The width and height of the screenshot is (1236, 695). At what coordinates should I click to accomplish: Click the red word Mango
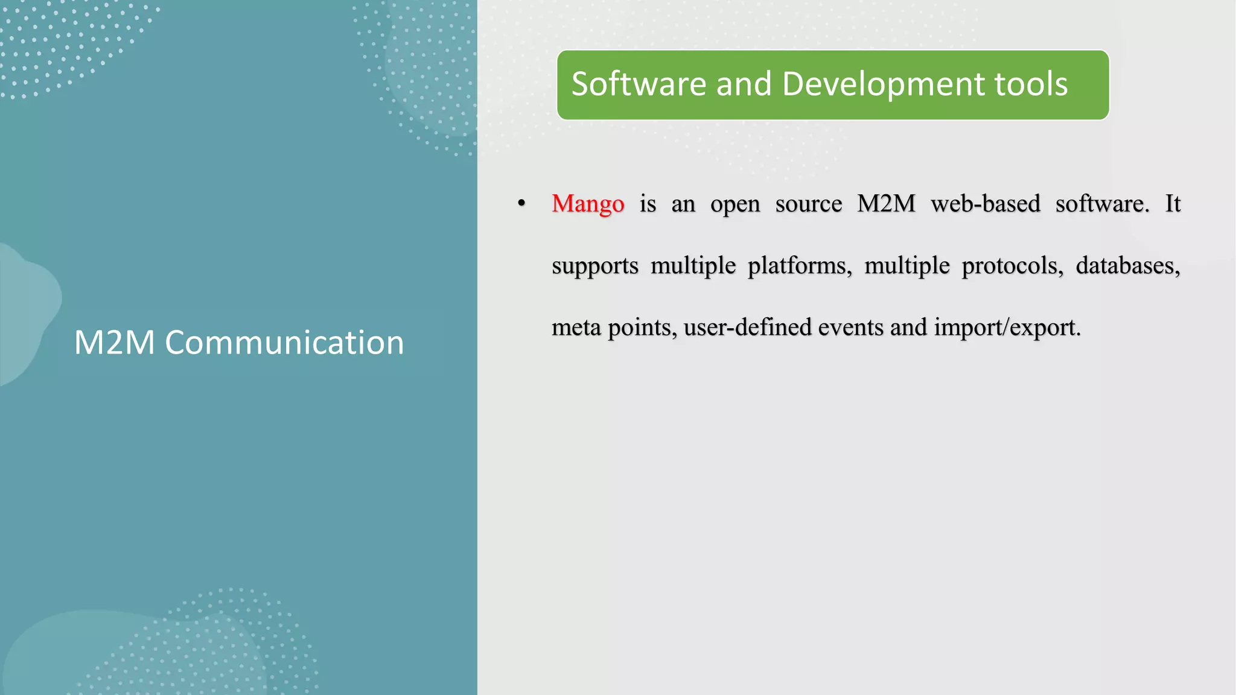coord(587,204)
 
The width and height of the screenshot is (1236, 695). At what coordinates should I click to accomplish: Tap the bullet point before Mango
coord(521,204)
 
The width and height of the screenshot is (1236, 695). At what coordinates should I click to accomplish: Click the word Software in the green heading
coord(638,84)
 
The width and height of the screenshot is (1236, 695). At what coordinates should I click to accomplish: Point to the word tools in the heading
coord(1031,84)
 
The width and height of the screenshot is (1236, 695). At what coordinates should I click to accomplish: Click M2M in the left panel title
coord(115,343)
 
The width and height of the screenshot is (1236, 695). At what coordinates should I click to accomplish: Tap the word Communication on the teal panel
coord(284,343)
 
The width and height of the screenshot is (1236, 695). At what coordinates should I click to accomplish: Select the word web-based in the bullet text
coord(985,204)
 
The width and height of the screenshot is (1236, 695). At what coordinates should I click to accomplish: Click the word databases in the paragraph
coord(1127,265)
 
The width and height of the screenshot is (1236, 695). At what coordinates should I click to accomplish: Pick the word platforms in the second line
coord(799,266)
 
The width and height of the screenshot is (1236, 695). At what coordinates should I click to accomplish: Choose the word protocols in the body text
coord(1012,266)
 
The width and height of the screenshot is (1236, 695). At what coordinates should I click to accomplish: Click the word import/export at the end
coord(1007,328)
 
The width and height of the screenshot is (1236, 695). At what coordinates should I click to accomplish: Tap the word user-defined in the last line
coord(747,327)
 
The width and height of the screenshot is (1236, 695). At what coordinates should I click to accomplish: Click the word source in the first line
coord(808,205)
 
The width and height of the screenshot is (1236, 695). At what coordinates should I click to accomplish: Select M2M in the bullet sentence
coord(886,204)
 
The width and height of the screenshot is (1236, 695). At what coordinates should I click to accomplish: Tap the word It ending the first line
coord(1172,204)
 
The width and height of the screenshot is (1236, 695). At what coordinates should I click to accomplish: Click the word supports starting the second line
coord(594,266)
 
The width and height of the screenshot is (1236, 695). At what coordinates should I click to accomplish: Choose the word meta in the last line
coord(576,327)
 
